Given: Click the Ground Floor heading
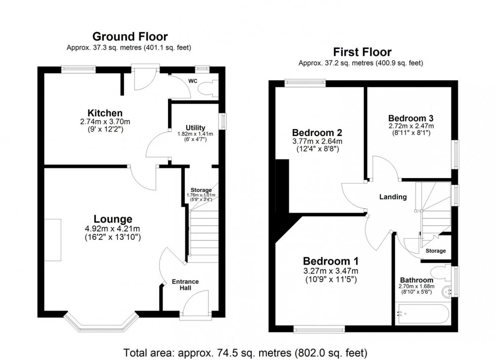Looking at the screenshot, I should (130, 36).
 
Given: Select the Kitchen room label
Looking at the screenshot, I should (105, 113).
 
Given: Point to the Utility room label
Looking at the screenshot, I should (195, 127).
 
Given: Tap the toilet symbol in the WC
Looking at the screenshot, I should (208, 89).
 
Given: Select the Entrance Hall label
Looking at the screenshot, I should (185, 285).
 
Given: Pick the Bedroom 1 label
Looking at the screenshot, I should (330, 261).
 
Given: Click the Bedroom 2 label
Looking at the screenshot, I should (317, 133).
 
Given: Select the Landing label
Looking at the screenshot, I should (393, 197).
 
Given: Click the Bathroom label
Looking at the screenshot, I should (417, 280).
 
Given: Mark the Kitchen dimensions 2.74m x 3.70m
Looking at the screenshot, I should (105, 122).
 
